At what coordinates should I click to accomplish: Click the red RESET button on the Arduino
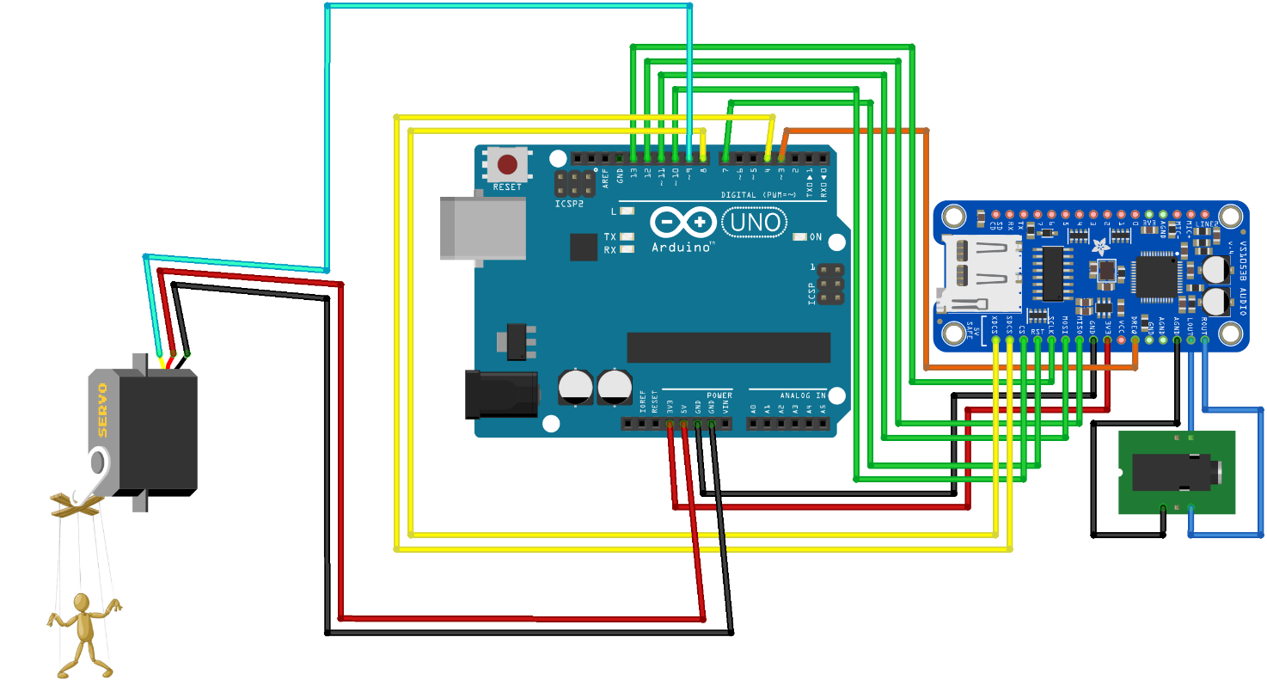[507, 163]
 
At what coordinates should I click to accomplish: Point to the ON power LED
[814, 236]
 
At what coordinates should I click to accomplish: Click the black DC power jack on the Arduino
[501, 395]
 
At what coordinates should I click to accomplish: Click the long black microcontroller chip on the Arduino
[728, 347]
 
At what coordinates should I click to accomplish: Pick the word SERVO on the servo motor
[101, 409]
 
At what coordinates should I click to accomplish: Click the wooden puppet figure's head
[82, 602]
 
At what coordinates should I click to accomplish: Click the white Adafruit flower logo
[1101, 249]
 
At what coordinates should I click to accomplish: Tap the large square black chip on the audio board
[1156, 278]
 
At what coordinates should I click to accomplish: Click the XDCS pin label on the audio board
[995, 325]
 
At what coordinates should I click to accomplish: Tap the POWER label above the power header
[719, 395]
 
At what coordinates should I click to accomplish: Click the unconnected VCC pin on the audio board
[1121, 341]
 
